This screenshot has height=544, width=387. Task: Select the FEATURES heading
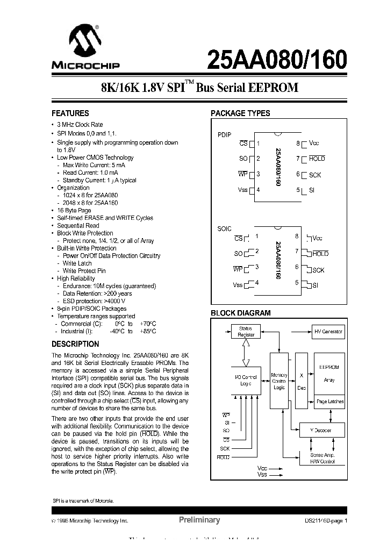pos(70,113)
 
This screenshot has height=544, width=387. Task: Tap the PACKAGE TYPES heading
pos(240,113)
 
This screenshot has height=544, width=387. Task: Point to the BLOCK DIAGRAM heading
pos(240,313)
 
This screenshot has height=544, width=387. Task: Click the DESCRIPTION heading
pos(75,344)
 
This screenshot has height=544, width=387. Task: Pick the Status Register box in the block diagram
pos(246,331)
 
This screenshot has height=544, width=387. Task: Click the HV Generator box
pos(328,332)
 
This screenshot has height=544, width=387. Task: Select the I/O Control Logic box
pos(246,380)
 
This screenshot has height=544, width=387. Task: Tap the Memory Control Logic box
pos(279,381)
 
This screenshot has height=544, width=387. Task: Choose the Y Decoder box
pos(321,430)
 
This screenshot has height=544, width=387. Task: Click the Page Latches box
pos(329,402)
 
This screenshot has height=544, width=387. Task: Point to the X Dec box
pos(301,381)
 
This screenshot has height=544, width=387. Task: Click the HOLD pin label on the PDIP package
pos(317,159)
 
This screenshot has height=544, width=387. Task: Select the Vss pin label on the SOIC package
pos(238,284)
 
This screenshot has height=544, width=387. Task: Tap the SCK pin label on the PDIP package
pos(315,175)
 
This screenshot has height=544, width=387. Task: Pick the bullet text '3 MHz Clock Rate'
pos(80,124)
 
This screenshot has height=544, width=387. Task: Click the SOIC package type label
pos(224,228)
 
